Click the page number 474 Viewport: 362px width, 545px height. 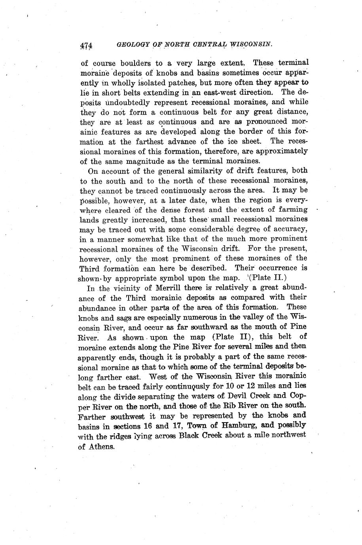coord(86,45)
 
